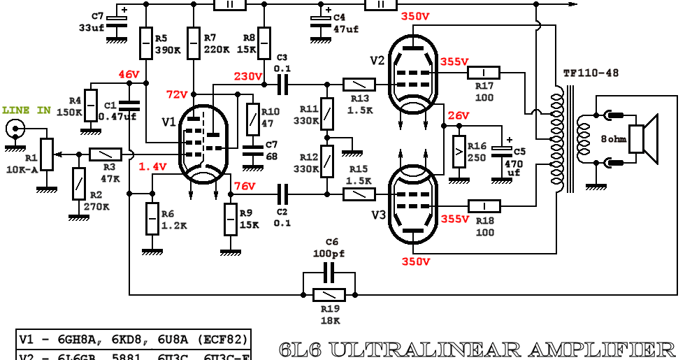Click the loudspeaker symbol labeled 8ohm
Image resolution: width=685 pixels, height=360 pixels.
pos(643,137)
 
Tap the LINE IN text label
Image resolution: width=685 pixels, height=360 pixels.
pos(27,110)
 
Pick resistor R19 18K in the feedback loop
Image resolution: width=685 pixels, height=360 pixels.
pos(329,294)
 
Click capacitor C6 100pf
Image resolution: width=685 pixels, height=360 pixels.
pos(329,271)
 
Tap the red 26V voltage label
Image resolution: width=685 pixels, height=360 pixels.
pos(459,115)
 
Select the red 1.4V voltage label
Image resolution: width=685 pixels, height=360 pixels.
pos(152,166)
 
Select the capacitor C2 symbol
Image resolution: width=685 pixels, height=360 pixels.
pos(282,193)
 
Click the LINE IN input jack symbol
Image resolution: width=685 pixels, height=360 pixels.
pos(15,129)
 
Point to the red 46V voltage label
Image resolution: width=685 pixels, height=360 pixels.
pos(129,74)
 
